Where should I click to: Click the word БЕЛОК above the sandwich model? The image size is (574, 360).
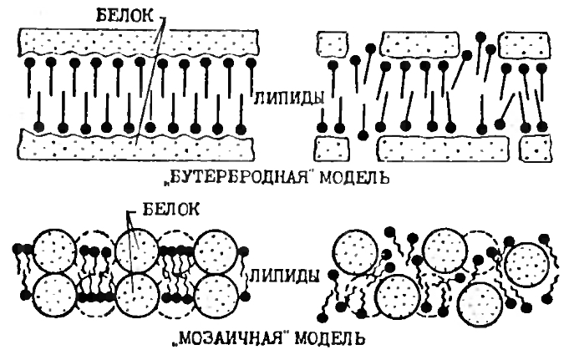pyautogui.click(x=125, y=15)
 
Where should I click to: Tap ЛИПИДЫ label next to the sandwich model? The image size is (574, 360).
pyautogui.click(x=289, y=98)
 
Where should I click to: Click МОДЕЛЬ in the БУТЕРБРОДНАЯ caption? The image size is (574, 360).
pyautogui.click(x=354, y=178)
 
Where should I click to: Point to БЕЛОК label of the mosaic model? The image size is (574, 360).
pyautogui.click(x=170, y=210)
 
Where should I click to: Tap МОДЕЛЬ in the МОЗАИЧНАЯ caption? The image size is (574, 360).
pyautogui.click(x=329, y=338)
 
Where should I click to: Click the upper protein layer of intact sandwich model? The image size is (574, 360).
pyautogui.click(x=139, y=41)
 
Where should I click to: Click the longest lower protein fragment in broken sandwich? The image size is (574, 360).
pyautogui.click(x=443, y=148)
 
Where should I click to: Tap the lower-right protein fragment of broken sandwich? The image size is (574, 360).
pyautogui.click(x=536, y=148)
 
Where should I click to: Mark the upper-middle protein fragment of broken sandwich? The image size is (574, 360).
pyautogui.click(x=419, y=44)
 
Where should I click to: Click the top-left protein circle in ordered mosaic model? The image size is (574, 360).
pyautogui.click(x=55, y=251)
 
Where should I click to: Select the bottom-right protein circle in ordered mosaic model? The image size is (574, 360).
pyautogui.click(x=214, y=296)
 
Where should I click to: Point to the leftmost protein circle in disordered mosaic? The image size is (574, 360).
pyautogui.click(x=356, y=251)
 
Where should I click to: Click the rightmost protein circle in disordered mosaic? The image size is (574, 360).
pyautogui.click(x=527, y=265)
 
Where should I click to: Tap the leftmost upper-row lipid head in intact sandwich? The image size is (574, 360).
pyautogui.click(x=29, y=63)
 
